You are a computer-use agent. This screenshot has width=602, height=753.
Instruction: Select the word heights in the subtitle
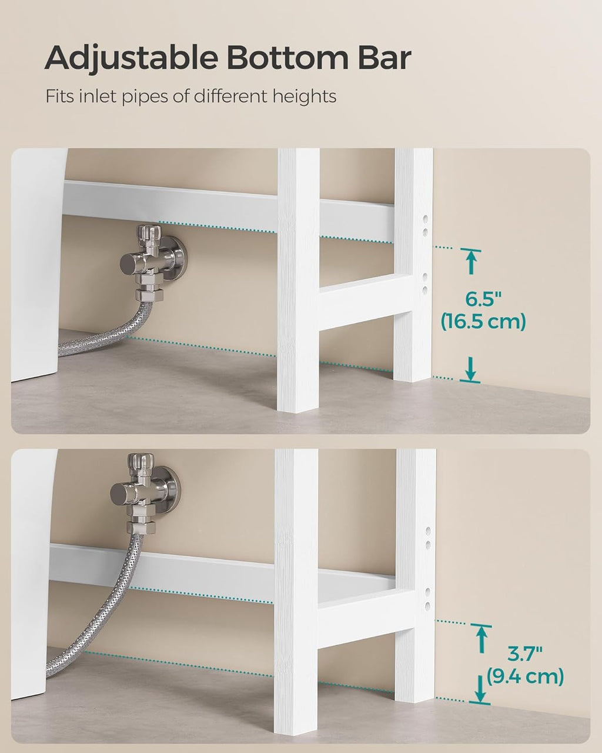point(305,96)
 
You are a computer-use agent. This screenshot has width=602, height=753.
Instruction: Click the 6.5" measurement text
point(483,299)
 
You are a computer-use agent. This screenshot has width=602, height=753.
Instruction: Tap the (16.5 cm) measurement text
point(483,321)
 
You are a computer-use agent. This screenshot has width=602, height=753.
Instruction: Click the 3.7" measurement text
point(524,654)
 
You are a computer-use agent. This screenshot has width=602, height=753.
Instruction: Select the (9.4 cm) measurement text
point(525,676)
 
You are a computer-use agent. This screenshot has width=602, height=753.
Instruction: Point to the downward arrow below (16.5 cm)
point(471,369)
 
